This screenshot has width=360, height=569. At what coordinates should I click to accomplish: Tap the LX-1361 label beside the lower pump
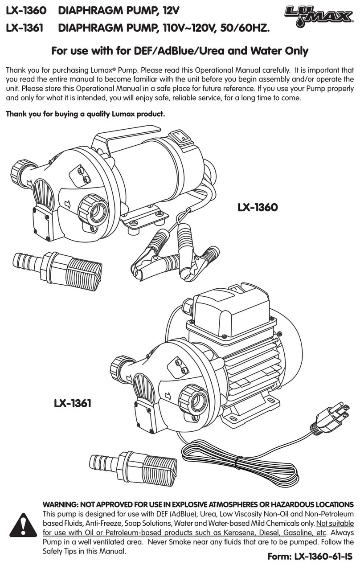click(73, 404)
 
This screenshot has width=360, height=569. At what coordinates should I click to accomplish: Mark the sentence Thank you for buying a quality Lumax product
click(85, 115)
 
